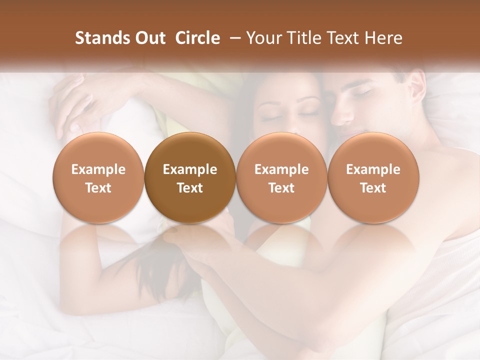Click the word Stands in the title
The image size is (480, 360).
[x=102, y=38]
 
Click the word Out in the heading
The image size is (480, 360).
[x=150, y=38]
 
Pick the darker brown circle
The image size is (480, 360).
[x=190, y=178]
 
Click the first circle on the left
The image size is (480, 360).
[x=98, y=178]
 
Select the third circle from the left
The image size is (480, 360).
[x=281, y=178]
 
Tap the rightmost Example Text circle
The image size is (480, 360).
[x=373, y=178]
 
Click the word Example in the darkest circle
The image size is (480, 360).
[x=190, y=169]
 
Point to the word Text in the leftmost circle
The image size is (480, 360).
[x=98, y=188]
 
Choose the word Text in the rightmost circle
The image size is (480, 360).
[x=373, y=188]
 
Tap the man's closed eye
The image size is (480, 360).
[x=363, y=93]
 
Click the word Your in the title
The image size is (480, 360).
[x=263, y=38]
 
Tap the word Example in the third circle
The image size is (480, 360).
[x=281, y=169]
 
